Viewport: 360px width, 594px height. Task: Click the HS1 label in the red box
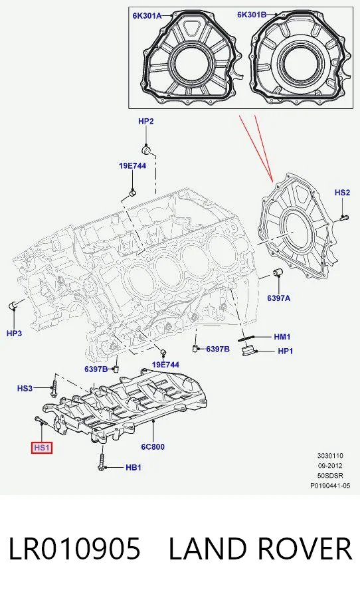click(42, 447)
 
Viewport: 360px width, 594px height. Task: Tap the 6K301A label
click(147, 15)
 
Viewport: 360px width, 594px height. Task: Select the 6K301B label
click(252, 15)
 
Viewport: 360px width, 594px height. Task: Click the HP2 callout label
click(145, 121)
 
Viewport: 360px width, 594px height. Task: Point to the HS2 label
click(342, 193)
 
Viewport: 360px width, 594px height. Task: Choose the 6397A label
click(278, 298)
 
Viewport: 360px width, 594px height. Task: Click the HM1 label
click(282, 336)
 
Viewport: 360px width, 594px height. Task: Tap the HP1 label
click(286, 351)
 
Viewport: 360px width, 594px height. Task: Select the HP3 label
click(15, 334)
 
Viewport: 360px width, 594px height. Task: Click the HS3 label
click(25, 388)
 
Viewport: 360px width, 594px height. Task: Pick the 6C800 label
click(153, 446)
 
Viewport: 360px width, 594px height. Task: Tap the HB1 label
click(134, 468)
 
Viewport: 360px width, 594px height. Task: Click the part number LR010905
click(74, 549)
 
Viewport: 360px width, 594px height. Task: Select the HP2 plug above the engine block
click(147, 150)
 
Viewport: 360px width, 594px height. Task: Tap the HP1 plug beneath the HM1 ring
click(248, 350)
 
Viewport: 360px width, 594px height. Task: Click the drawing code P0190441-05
click(330, 485)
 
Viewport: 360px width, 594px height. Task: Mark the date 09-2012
click(330, 466)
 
